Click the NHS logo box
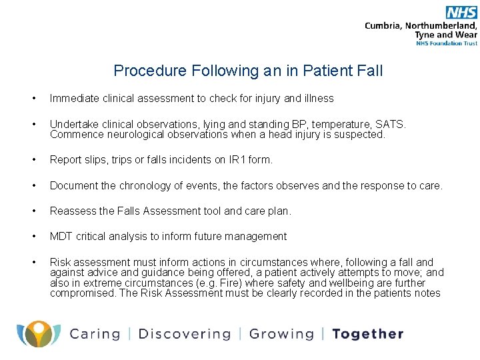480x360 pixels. (x=461, y=13)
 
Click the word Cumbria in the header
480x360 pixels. (x=383, y=26)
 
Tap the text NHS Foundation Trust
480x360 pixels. (x=447, y=43)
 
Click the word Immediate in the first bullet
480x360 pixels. (x=75, y=99)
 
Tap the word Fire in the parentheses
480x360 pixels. (x=233, y=283)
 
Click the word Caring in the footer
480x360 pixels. (x=95, y=334)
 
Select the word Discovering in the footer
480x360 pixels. (x=185, y=334)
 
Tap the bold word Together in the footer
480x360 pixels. (x=368, y=334)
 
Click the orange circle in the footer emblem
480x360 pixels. (x=39, y=328)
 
